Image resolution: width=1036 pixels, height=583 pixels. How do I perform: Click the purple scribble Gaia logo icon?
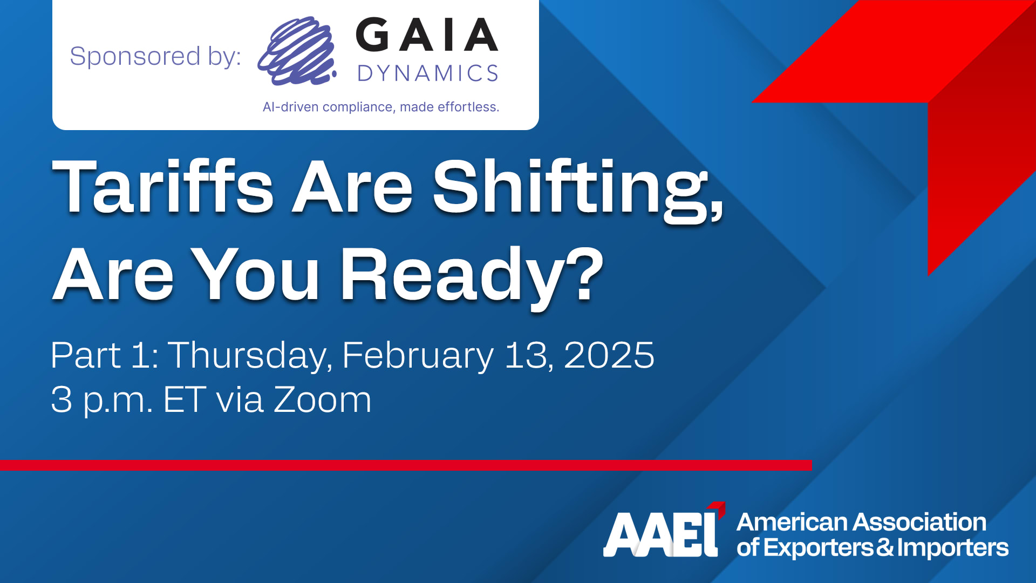point(297,52)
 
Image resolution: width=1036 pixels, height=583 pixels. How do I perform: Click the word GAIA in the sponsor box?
point(427,35)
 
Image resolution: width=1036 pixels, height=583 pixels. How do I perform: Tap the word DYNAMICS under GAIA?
point(428,73)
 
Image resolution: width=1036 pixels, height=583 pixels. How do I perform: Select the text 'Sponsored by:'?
point(155,57)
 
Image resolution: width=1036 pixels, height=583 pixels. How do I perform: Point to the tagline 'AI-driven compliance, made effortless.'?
point(381,107)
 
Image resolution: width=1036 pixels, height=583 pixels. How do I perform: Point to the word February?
point(418,356)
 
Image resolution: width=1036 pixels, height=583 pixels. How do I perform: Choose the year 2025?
point(609,355)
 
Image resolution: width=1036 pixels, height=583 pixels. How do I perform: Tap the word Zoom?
point(323,400)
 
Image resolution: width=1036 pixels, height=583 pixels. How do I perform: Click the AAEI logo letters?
point(664,530)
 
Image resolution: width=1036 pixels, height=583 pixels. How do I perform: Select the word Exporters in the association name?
point(819,548)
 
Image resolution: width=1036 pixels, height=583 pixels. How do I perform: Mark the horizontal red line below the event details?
point(406,465)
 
